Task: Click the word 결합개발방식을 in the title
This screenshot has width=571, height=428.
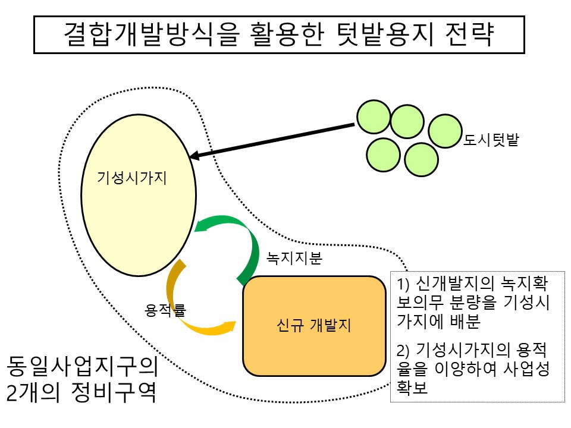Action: pos(142,35)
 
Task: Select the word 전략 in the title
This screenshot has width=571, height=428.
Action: pos(469,35)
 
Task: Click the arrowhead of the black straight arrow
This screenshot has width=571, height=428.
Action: pos(194,157)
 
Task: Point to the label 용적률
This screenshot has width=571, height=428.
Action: pos(165,310)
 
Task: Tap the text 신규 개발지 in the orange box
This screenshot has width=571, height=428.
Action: pos(313,326)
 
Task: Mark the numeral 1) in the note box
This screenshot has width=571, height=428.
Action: pos(404,282)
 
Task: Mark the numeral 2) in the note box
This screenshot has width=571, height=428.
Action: pos(404,348)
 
